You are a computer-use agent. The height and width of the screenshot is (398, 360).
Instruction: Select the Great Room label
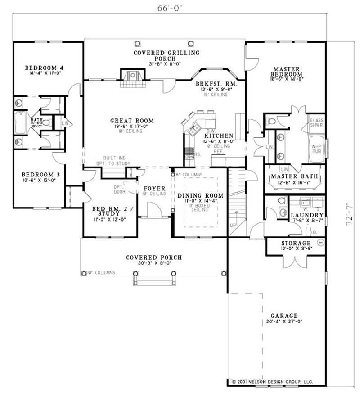click(x=132, y=121)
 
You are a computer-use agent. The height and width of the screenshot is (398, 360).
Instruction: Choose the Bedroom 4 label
click(x=44, y=68)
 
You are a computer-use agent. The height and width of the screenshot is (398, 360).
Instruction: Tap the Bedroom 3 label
click(x=40, y=174)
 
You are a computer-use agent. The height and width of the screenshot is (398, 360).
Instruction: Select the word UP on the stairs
click(x=233, y=224)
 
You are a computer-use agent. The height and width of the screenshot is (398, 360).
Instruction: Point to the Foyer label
click(x=154, y=188)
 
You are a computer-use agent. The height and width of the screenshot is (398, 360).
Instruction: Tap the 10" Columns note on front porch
click(x=101, y=273)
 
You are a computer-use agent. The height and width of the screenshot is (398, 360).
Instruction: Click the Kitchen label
click(x=219, y=136)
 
